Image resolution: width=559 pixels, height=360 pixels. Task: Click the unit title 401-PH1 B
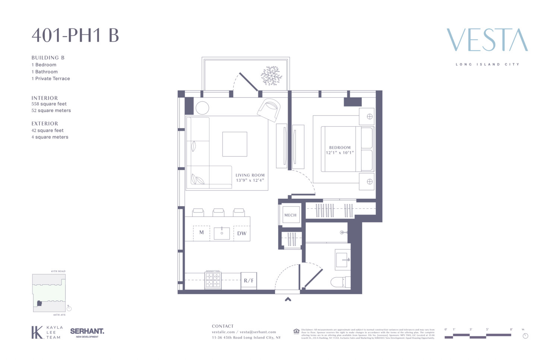75,35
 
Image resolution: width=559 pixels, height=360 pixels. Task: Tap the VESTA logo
487,40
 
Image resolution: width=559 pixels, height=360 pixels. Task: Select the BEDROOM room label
339,148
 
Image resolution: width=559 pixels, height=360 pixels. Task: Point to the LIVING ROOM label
250,175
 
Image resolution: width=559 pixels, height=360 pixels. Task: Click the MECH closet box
290,215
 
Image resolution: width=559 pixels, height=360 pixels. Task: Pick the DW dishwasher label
242,233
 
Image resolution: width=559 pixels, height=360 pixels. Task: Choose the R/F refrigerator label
249,281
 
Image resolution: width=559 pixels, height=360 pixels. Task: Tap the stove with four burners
213,280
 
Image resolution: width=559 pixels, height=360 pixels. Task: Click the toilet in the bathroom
340,282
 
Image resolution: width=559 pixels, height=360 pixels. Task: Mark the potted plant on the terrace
271,76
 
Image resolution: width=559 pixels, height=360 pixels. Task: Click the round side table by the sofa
202,108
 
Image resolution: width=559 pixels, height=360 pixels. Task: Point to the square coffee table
235,144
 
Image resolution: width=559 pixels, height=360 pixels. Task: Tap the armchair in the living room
269,110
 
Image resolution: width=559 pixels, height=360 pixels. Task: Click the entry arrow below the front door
288,299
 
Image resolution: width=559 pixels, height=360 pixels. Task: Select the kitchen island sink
222,233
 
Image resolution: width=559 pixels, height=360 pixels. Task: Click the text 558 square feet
49,104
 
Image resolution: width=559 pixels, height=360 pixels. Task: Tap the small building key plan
49,293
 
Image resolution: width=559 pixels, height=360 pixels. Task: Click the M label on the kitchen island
202,233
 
